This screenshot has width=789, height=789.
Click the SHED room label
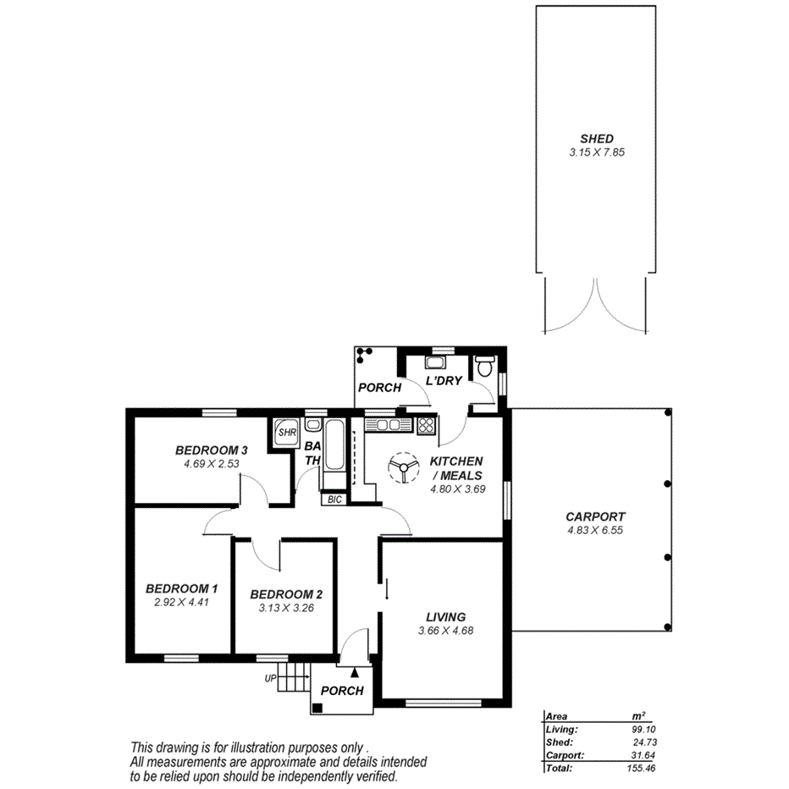(596, 139)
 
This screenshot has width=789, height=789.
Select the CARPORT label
(595, 516)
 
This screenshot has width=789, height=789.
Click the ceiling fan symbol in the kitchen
(403, 467)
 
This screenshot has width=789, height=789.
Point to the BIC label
(334, 499)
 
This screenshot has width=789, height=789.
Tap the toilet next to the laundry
(485, 368)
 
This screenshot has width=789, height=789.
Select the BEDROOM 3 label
(211, 450)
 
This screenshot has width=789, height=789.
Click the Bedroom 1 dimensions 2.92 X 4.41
(181, 603)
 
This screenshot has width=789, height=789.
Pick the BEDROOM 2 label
(287, 593)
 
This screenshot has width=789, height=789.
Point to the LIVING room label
(445, 617)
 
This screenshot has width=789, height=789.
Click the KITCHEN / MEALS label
(456, 468)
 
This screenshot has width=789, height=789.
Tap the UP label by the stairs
(271, 678)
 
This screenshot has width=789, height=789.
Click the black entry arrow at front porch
(355, 672)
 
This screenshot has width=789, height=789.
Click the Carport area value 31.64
(642, 755)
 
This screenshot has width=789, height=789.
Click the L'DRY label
(444, 381)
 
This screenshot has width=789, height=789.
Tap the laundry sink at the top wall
(435, 363)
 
